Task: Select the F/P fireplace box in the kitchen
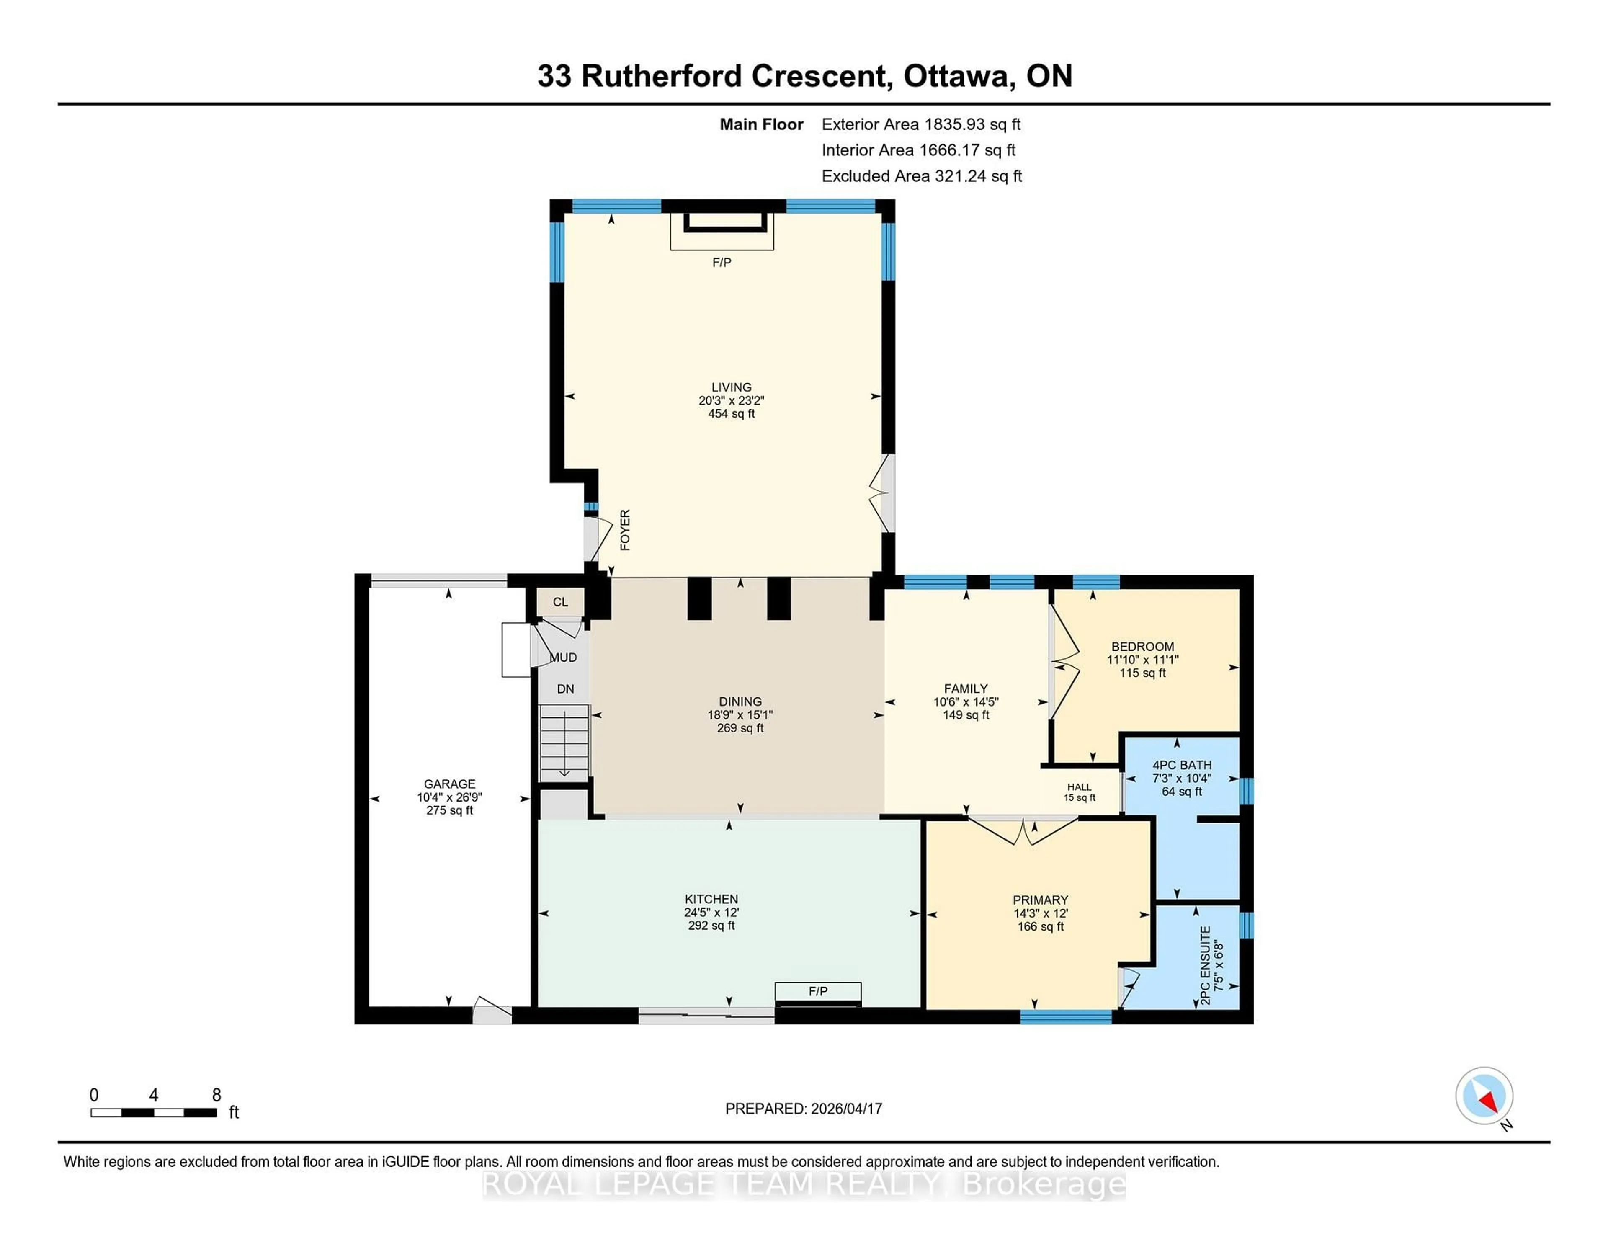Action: point(817,992)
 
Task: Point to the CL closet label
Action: point(560,602)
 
